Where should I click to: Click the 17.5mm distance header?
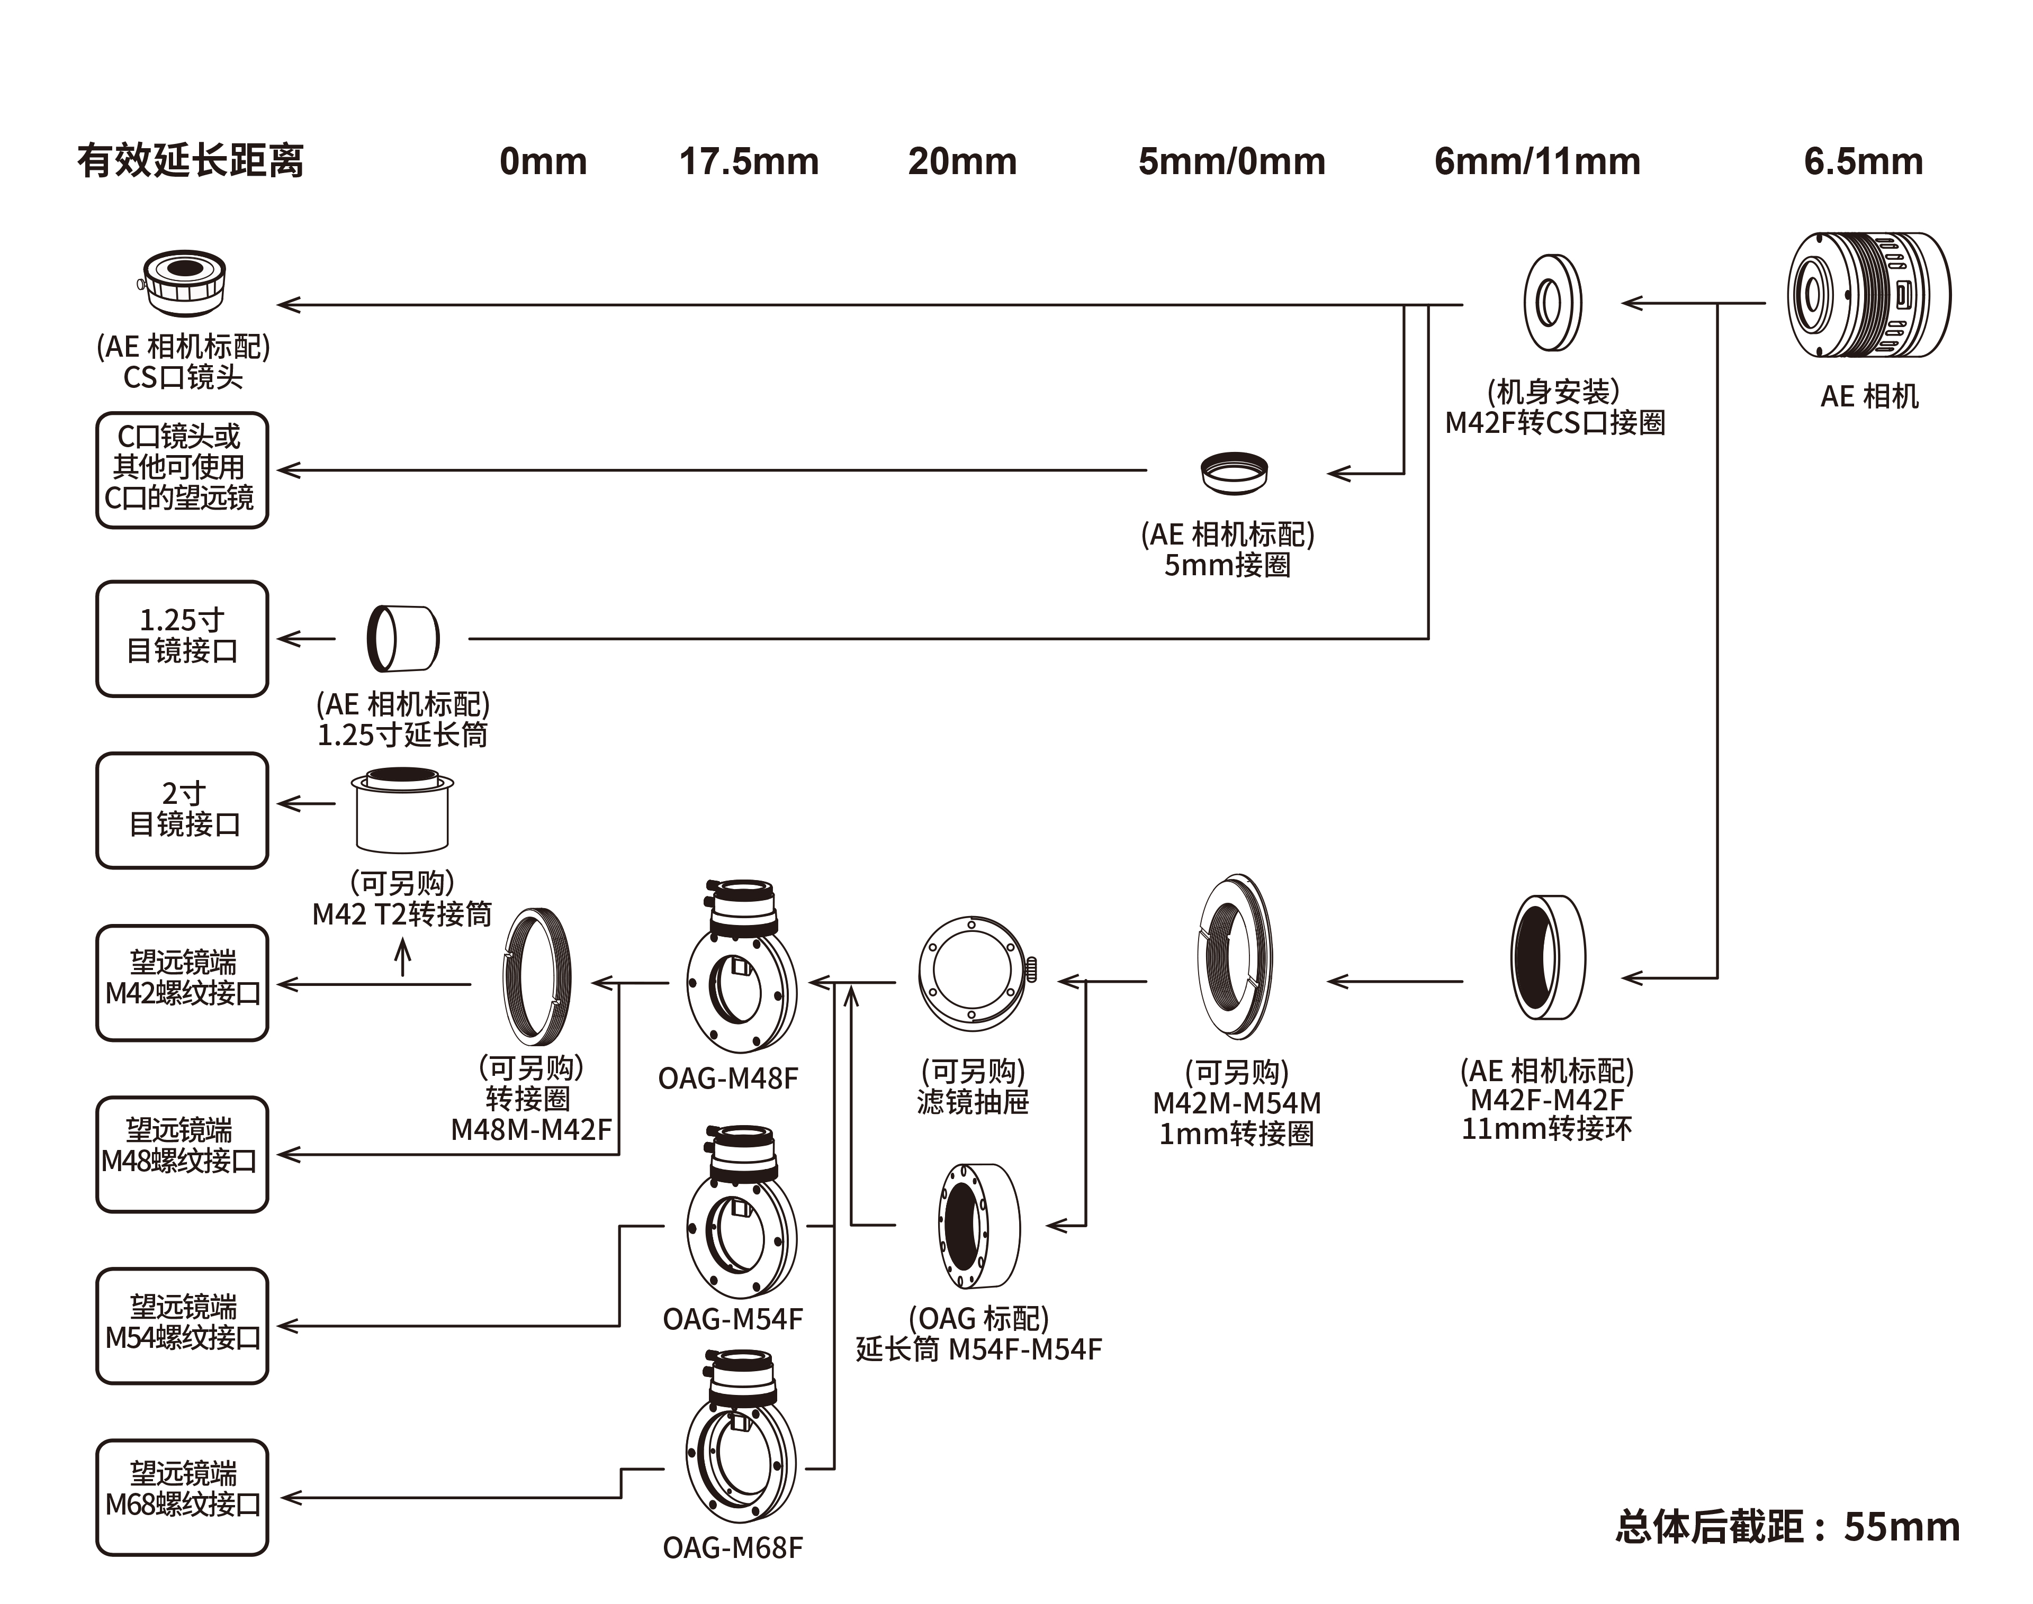[x=749, y=161]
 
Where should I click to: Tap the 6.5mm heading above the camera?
[x=1863, y=161]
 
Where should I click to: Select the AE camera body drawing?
[x=1868, y=295]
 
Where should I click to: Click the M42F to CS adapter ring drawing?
[x=1552, y=302]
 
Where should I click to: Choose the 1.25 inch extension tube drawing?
[x=403, y=638]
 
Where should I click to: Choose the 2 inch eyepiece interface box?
[x=182, y=810]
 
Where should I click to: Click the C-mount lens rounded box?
[x=182, y=469]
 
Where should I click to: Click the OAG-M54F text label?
[x=733, y=1319]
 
